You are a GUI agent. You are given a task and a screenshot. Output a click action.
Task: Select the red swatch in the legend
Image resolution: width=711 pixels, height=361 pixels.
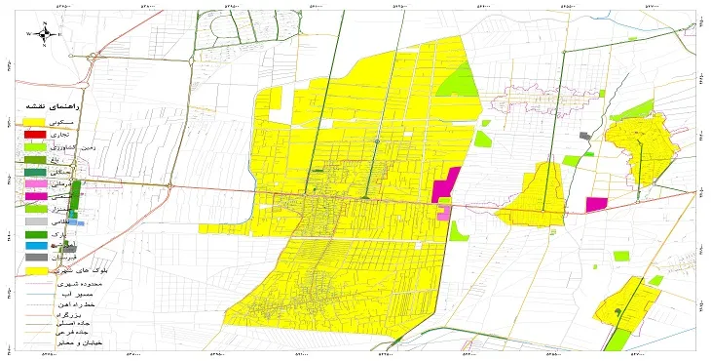(34, 134)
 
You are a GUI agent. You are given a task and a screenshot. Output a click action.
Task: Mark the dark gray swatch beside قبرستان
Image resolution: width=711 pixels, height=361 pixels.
(34, 258)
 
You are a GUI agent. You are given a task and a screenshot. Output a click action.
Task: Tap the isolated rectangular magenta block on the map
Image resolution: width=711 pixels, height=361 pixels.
(596, 203)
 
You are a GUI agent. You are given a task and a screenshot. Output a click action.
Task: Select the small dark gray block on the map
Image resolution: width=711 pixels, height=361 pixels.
(583, 137)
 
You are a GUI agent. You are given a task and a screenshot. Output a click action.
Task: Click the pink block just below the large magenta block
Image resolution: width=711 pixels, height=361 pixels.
(445, 212)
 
